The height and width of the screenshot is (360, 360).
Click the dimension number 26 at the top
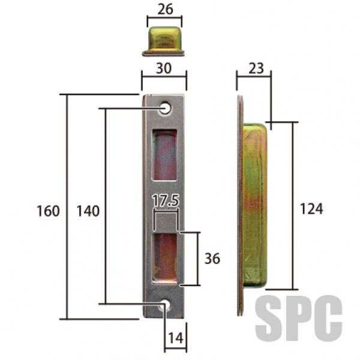click(165, 10)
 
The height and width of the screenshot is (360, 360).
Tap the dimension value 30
click(164, 68)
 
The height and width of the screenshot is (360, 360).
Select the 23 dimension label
click(256, 68)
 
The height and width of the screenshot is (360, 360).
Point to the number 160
click(48, 211)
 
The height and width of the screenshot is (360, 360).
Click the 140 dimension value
click(88, 211)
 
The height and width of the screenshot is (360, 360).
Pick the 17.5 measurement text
click(166, 200)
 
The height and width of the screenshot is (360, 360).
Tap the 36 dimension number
click(212, 259)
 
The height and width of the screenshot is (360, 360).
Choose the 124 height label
click(311, 209)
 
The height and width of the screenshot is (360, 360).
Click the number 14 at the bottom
click(176, 338)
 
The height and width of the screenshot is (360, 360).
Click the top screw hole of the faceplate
click(166, 107)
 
